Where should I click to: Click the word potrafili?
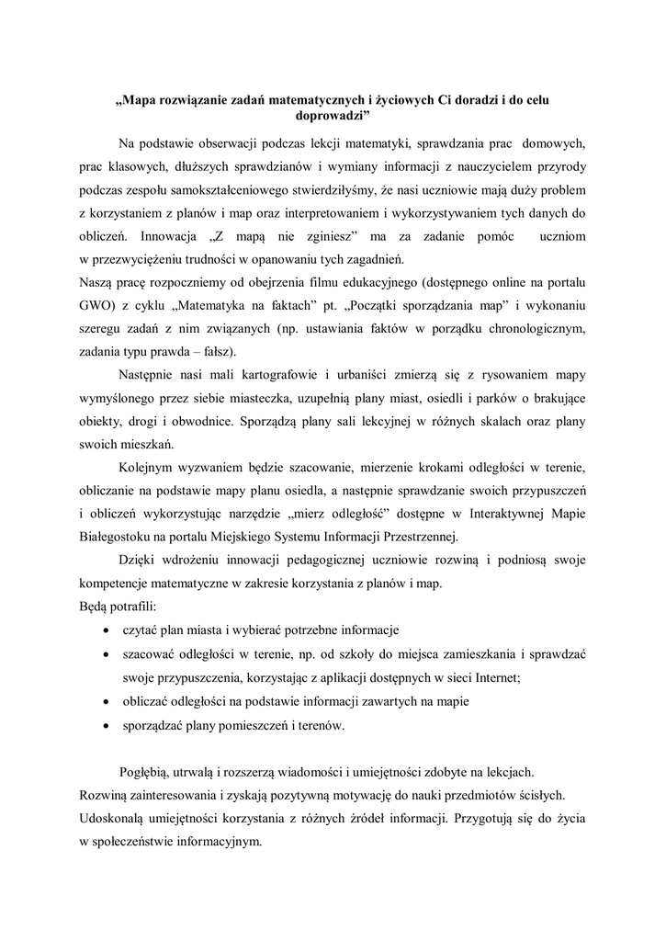tap(129, 608)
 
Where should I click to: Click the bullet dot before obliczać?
tap(108, 702)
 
